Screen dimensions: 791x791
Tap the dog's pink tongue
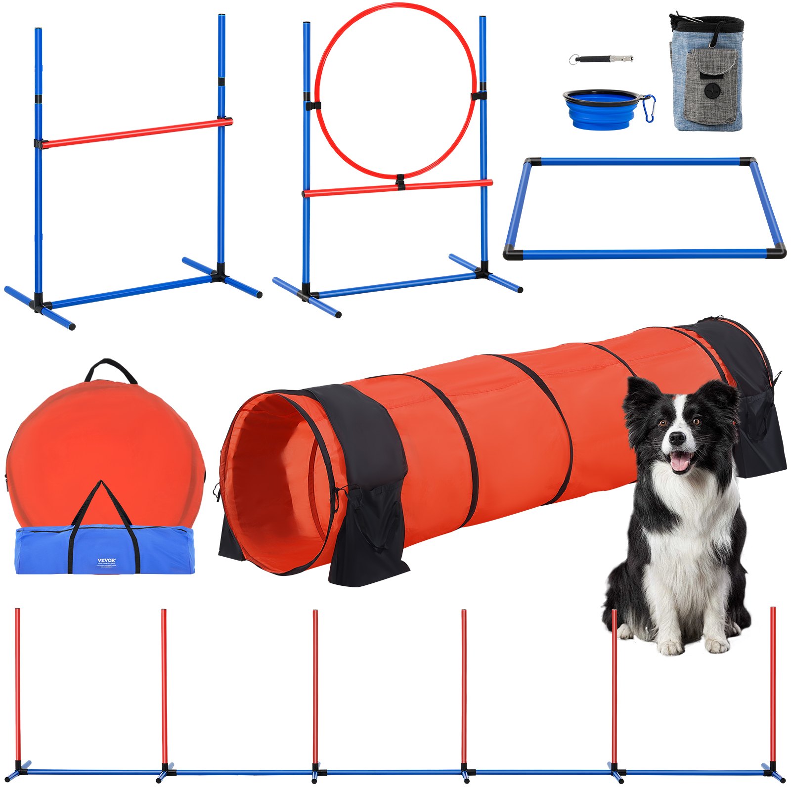680,462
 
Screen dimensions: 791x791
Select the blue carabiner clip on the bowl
650,109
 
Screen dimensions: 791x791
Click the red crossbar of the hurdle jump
133,132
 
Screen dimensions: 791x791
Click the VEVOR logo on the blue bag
106,561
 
